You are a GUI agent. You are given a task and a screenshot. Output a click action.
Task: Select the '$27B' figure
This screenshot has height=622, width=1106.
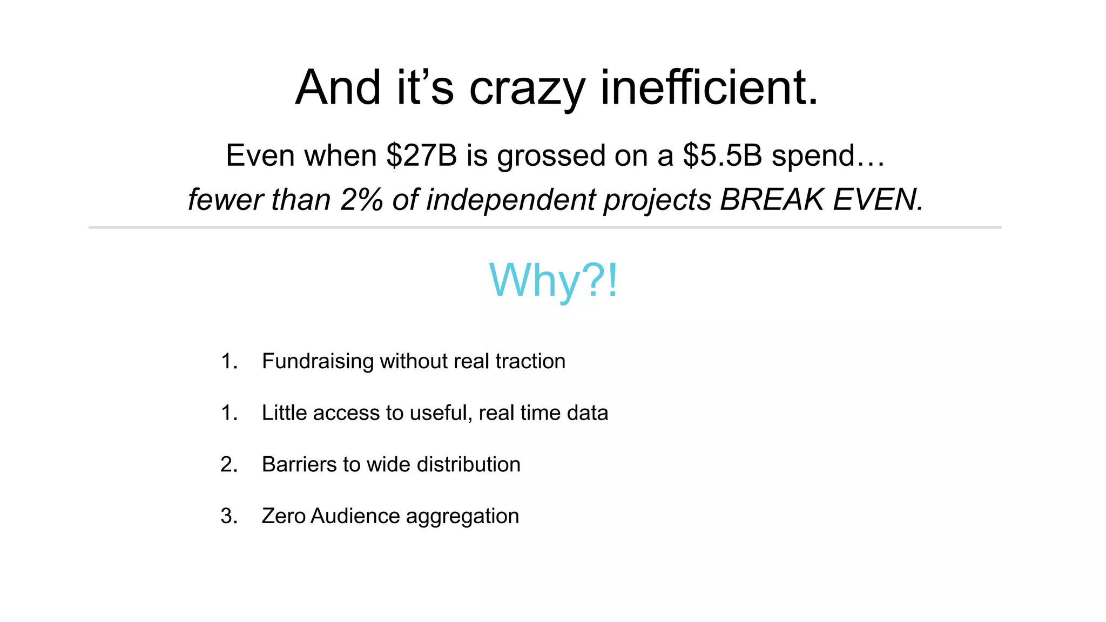click(x=421, y=155)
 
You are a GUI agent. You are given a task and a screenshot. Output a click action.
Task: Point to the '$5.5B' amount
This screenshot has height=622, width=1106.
click(x=723, y=155)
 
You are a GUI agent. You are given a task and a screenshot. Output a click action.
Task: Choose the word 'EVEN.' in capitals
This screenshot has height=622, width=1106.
click(x=878, y=199)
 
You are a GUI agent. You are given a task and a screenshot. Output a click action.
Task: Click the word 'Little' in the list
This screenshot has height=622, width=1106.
click(x=284, y=413)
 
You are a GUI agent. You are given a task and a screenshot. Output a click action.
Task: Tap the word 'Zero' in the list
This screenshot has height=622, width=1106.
click(x=284, y=516)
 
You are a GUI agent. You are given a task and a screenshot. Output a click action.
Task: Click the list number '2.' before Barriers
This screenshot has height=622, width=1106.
click(x=229, y=464)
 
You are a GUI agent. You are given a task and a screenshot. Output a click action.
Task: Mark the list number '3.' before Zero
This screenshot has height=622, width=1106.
click(x=229, y=516)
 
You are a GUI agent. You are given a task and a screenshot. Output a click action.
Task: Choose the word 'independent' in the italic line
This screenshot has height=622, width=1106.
click(x=511, y=199)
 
